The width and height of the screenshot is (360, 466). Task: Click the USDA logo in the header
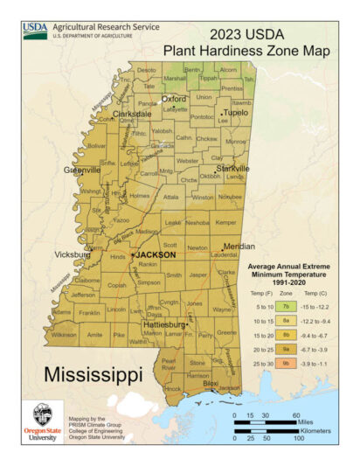click(35, 31)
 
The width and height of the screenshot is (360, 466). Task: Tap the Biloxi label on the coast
click(210, 383)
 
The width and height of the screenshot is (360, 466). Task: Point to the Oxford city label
click(174, 99)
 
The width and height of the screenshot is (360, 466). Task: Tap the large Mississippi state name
click(93, 376)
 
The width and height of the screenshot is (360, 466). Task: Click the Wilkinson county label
click(64, 334)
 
